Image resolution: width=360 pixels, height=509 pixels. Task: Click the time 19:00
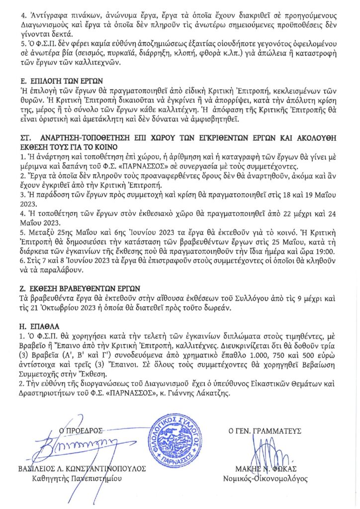click(324, 252)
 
